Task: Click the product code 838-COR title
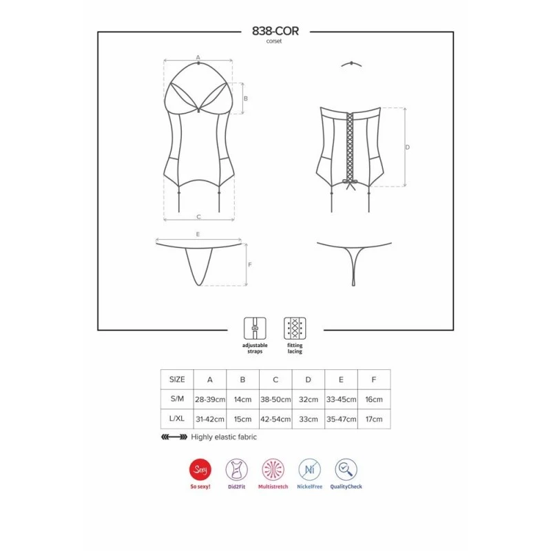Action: click(x=275, y=31)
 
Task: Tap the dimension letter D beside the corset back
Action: click(x=407, y=147)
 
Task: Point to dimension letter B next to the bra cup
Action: click(x=246, y=98)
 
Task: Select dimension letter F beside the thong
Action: click(x=250, y=264)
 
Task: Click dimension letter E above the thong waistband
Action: click(x=198, y=234)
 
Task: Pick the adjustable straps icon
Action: click(x=255, y=329)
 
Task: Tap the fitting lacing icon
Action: click(x=295, y=329)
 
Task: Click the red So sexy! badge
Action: click(x=200, y=470)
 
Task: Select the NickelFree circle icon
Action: click(x=309, y=470)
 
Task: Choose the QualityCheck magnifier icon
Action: click(x=346, y=470)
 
